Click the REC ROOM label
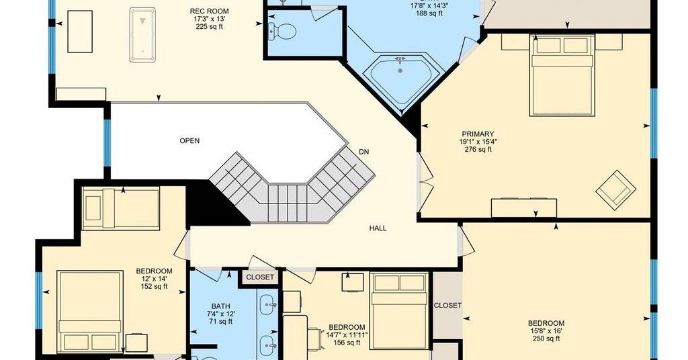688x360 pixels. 210,11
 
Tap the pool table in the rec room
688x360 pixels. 142,35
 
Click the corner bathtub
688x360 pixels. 400,80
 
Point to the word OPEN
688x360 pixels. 189,141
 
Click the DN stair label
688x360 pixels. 363,152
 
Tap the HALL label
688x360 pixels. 378,228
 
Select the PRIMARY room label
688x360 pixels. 478,134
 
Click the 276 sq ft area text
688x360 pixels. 478,149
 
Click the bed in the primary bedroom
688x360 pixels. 562,75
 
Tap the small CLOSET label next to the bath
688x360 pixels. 260,277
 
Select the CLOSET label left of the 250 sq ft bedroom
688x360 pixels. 447,305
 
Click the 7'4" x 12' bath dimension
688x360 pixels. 220,314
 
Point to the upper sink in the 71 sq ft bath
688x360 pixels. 267,305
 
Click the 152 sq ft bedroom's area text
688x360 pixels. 154,286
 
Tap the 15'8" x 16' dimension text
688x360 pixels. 546,331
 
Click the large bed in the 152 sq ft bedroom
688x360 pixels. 89,312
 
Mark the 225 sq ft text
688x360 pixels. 210,26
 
